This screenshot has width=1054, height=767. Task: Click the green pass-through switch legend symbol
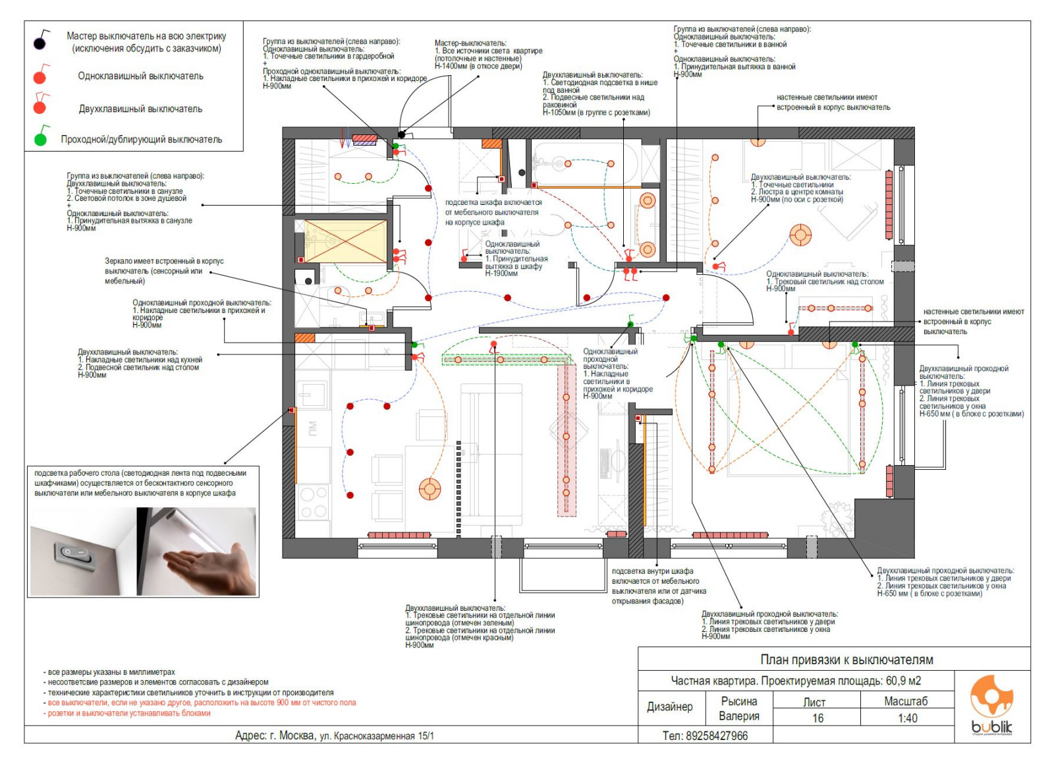(x=41, y=139)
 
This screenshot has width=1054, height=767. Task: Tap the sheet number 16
(x=818, y=718)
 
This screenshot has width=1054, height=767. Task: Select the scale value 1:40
(x=907, y=718)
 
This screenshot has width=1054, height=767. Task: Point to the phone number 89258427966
(x=706, y=735)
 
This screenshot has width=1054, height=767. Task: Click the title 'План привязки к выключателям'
(x=846, y=660)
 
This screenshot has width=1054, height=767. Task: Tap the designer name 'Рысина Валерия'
(x=738, y=709)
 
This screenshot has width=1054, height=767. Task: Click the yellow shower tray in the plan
(x=345, y=241)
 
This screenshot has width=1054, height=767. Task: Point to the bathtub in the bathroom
(x=585, y=163)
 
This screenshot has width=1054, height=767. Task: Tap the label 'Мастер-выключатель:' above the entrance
(x=470, y=43)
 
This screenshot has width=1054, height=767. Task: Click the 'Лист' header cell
(x=814, y=701)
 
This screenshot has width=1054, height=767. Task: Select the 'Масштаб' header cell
(x=906, y=701)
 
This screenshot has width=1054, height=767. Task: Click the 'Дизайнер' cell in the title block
(x=669, y=707)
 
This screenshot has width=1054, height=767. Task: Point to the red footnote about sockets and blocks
(x=128, y=713)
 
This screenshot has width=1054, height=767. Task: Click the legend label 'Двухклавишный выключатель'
(x=140, y=109)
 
